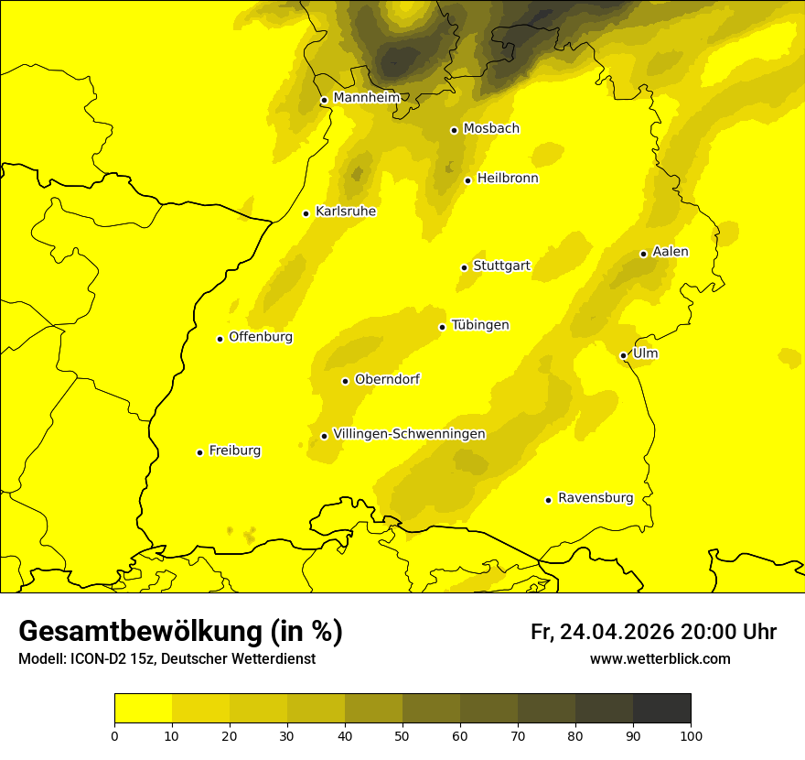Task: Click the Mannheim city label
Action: click(366, 98)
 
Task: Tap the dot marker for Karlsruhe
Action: click(306, 213)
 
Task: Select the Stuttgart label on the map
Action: click(501, 266)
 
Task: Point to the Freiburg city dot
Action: click(199, 452)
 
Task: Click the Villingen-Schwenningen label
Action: click(409, 434)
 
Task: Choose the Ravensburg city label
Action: click(595, 498)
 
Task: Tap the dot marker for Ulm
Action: click(623, 355)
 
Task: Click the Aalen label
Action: click(670, 252)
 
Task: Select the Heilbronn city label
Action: click(508, 179)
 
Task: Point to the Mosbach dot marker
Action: click(454, 130)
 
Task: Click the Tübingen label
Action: click(479, 325)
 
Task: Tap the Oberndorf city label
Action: click(387, 379)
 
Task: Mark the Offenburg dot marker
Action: click(220, 339)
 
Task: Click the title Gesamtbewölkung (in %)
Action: click(180, 632)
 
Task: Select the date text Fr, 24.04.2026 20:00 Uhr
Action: click(653, 632)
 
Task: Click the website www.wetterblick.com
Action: click(660, 658)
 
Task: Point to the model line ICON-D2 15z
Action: click(166, 658)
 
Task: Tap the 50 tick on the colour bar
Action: click(402, 735)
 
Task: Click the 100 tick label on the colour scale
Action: click(691, 735)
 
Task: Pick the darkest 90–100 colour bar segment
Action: click(661, 708)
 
